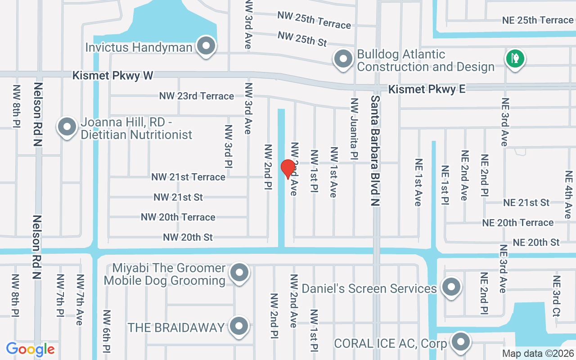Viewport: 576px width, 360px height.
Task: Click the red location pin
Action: click(x=288, y=169)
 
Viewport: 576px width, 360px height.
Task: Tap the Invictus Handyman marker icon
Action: click(x=207, y=45)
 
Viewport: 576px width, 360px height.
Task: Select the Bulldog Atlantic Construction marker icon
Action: click(x=343, y=59)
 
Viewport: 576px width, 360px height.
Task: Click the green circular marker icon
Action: click(x=515, y=58)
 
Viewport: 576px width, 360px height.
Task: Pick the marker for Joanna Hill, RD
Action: click(x=67, y=127)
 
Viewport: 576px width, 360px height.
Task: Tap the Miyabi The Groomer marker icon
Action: click(x=239, y=273)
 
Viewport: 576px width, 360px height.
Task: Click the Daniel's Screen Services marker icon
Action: click(x=450, y=287)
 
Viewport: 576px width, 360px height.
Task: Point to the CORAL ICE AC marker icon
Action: click(x=460, y=342)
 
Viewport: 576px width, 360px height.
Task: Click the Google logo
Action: click(x=30, y=349)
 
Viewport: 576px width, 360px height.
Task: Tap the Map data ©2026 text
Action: click(x=537, y=353)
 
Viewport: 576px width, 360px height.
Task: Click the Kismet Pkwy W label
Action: click(x=113, y=75)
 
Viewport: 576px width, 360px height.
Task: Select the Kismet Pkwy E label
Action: click(x=427, y=89)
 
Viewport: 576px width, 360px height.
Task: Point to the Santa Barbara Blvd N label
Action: click(x=375, y=151)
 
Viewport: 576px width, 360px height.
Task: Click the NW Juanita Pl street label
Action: click(x=354, y=129)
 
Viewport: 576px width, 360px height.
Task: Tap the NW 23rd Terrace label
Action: click(x=197, y=96)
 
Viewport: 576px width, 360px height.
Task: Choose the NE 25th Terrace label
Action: click(x=538, y=20)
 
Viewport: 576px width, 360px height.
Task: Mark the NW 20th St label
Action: click(x=188, y=237)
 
